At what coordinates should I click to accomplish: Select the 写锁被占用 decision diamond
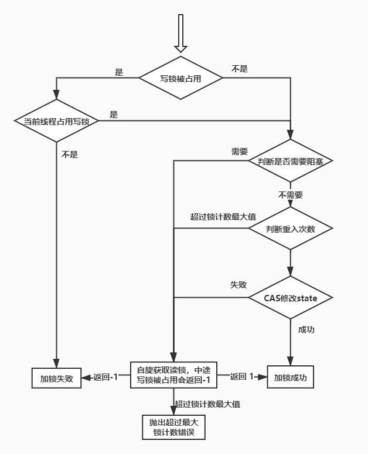(x=180, y=78)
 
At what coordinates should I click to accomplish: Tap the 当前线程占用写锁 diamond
(x=56, y=121)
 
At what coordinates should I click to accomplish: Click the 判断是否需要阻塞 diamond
(x=291, y=161)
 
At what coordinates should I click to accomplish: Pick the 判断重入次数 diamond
(x=291, y=228)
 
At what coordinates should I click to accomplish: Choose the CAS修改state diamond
(x=291, y=298)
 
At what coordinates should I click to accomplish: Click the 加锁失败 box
(x=56, y=378)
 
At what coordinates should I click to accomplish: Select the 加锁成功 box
(x=291, y=378)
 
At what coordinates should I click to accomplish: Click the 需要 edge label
(x=240, y=151)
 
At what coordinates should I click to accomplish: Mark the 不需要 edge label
(x=291, y=195)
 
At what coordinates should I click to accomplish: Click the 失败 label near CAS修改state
(x=238, y=284)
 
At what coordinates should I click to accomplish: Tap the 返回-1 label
(x=105, y=377)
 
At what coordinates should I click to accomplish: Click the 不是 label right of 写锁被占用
(x=240, y=69)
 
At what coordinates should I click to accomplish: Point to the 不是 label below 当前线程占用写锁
(x=70, y=155)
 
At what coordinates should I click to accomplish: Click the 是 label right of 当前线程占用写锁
(x=114, y=115)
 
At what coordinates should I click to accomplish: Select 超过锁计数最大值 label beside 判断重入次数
(x=214, y=216)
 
